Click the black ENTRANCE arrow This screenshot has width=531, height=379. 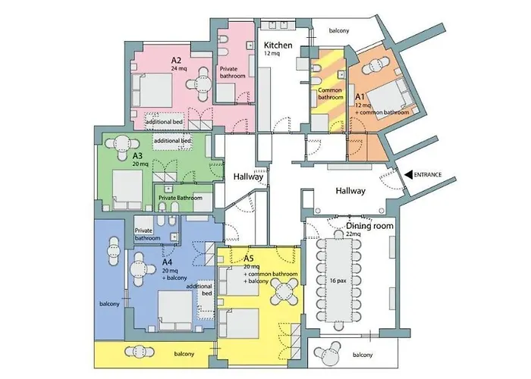click(408, 174)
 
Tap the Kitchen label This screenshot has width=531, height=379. click(278, 45)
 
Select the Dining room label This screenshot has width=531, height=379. click(370, 226)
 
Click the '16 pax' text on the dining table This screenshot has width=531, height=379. click(338, 280)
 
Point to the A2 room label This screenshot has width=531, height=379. click(176, 61)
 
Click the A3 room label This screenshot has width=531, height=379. click(137, 156)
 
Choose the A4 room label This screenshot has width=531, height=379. click(167, 262)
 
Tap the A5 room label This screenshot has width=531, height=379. click(249, 259)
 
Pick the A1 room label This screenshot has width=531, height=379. click(360, 97)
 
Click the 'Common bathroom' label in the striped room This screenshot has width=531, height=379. click(330, 94)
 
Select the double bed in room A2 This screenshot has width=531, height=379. click(152, 90)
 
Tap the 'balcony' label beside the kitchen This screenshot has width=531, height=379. click(339, 31)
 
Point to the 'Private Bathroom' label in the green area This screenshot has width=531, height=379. click(181, 198)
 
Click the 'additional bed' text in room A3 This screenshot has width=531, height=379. click(172, 140)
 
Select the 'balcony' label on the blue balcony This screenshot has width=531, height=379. click(109, 304)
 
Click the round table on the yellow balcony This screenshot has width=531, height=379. click(140, 352)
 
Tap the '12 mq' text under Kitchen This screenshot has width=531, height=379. click(272, 54)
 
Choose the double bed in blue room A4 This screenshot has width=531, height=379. click(175, 311)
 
